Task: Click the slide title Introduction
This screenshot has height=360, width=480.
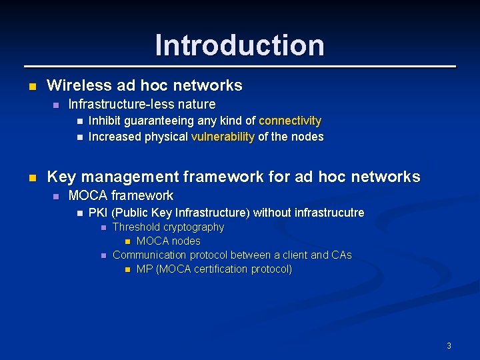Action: coord(240,45)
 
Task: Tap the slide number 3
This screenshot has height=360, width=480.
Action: coord(449,345)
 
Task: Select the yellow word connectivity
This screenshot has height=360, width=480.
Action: coord(290,121)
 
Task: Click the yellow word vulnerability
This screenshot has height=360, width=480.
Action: coord(223,137)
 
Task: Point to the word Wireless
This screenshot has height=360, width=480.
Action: coord(72,85)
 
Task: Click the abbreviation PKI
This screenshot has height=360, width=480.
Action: coord(98,213)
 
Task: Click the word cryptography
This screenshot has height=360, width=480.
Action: coord(193,227)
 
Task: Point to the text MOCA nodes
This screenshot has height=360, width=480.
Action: coord(168,241)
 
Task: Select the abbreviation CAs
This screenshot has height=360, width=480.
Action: coord(341,255)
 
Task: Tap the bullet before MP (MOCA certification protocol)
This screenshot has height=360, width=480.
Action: coord(127,269)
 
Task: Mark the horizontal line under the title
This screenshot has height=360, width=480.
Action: coord(240,67)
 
